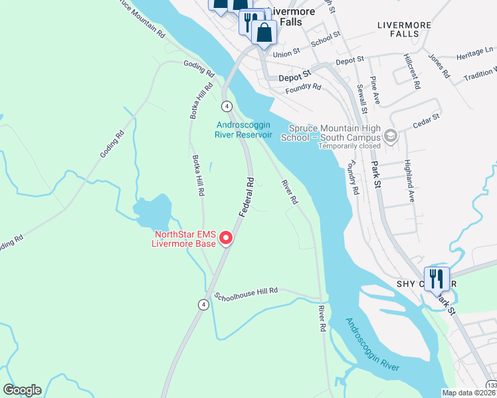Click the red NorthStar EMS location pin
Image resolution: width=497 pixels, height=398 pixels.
coord(225,237)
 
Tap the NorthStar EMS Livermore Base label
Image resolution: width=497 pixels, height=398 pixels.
coord(185,239)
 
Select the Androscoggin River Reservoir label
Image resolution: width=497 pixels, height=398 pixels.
coord(243,129)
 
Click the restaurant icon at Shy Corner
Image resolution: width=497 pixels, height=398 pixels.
coord(437,278)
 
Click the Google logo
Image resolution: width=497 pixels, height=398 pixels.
coord(22,390)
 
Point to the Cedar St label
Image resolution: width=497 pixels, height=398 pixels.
coord(427,117)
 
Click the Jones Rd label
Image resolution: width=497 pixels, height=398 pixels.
coord(440,66)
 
